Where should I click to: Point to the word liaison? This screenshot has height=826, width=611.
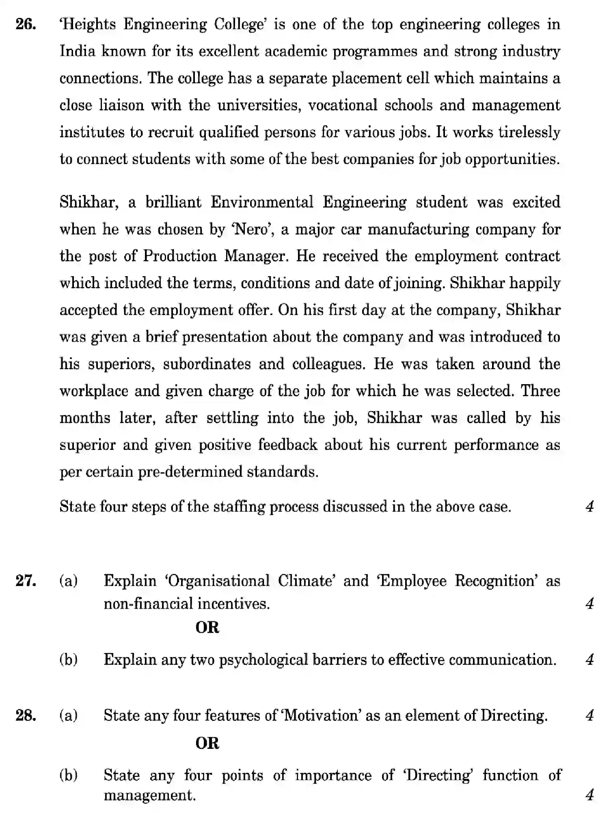tap(121, 105)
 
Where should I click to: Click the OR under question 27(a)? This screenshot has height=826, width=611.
tap(207, 627)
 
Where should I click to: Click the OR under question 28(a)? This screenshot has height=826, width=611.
tap(207, 744)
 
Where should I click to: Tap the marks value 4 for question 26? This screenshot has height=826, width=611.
tap(590, 506)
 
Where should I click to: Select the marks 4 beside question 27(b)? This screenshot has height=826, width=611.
tap(590, 659)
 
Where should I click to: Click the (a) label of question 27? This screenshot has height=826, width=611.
tap(69, 581)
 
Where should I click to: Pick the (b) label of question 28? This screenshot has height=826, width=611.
tap(69, 775)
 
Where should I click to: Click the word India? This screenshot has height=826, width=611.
tap(77, 52)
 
